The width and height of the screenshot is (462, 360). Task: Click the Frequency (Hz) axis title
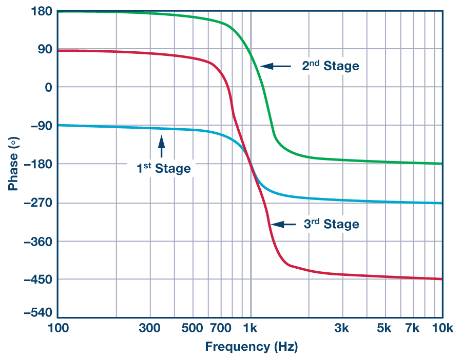point(251,347)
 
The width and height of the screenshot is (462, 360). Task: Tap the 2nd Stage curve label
point(330,66)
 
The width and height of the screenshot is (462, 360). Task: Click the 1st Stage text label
point(163,168)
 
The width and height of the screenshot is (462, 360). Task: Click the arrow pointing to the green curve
point(275,66)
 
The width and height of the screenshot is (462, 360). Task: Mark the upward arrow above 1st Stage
point(162,146)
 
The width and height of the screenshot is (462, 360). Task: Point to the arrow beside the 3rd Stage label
point(283,224)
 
